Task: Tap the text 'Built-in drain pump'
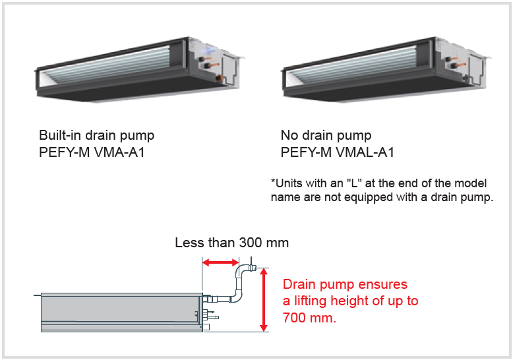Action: point(96,136)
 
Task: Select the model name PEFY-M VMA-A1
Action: point(92,153)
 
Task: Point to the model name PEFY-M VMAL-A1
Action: point(338,153)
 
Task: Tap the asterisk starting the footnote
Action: point(273,181)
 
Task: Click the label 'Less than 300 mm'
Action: point(231,243)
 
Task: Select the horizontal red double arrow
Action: point(220,264)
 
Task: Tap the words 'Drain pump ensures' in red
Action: point(345,285)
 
